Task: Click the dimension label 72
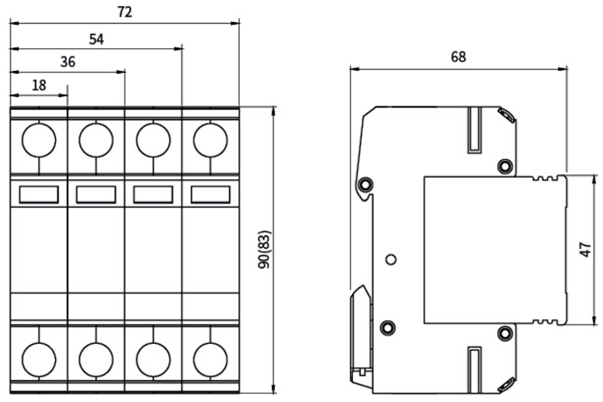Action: pyautogui.click(x=124, y=12)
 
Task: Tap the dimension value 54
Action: pyautogui.click(x=96, y=39)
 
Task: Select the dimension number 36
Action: pyautogui.click(x=68, y=62)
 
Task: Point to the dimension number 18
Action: pyautogui.click(x=39, y=85)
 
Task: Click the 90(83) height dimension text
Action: pyautogui.click(x=265, y=250)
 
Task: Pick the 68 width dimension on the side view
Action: pyautogui.click(x=458, y=57)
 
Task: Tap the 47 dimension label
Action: pyautogui.click(x=586, y=250)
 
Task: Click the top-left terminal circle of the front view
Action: pyautogui.click(x=39, y=140)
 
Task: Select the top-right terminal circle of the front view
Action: pyautogui.click(x=211, y=140)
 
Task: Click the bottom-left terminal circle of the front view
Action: pyautogui.click(x=39, y=360)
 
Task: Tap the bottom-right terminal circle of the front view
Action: pyautogui.click(x=211, y=360)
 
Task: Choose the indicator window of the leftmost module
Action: pyautogui.click(x=39, y=195)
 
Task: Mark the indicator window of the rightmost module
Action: pyautogui.click(x=211, y=195)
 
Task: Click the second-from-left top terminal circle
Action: pyautogui.click(x=96, y=140)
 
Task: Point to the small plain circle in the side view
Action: pyautogui.click(x=390, y=259)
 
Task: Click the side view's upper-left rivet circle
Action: pyautogui.click(x=365, y=185)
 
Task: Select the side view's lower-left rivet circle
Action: pyautogui.click(x=387, y=328)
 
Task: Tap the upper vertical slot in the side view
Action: pyautogui.click(x=475, y=130)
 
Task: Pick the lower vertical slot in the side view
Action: pyautogui.click(x=475, y=370)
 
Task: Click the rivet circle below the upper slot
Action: pyautogui.click(x=504, y=166)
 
